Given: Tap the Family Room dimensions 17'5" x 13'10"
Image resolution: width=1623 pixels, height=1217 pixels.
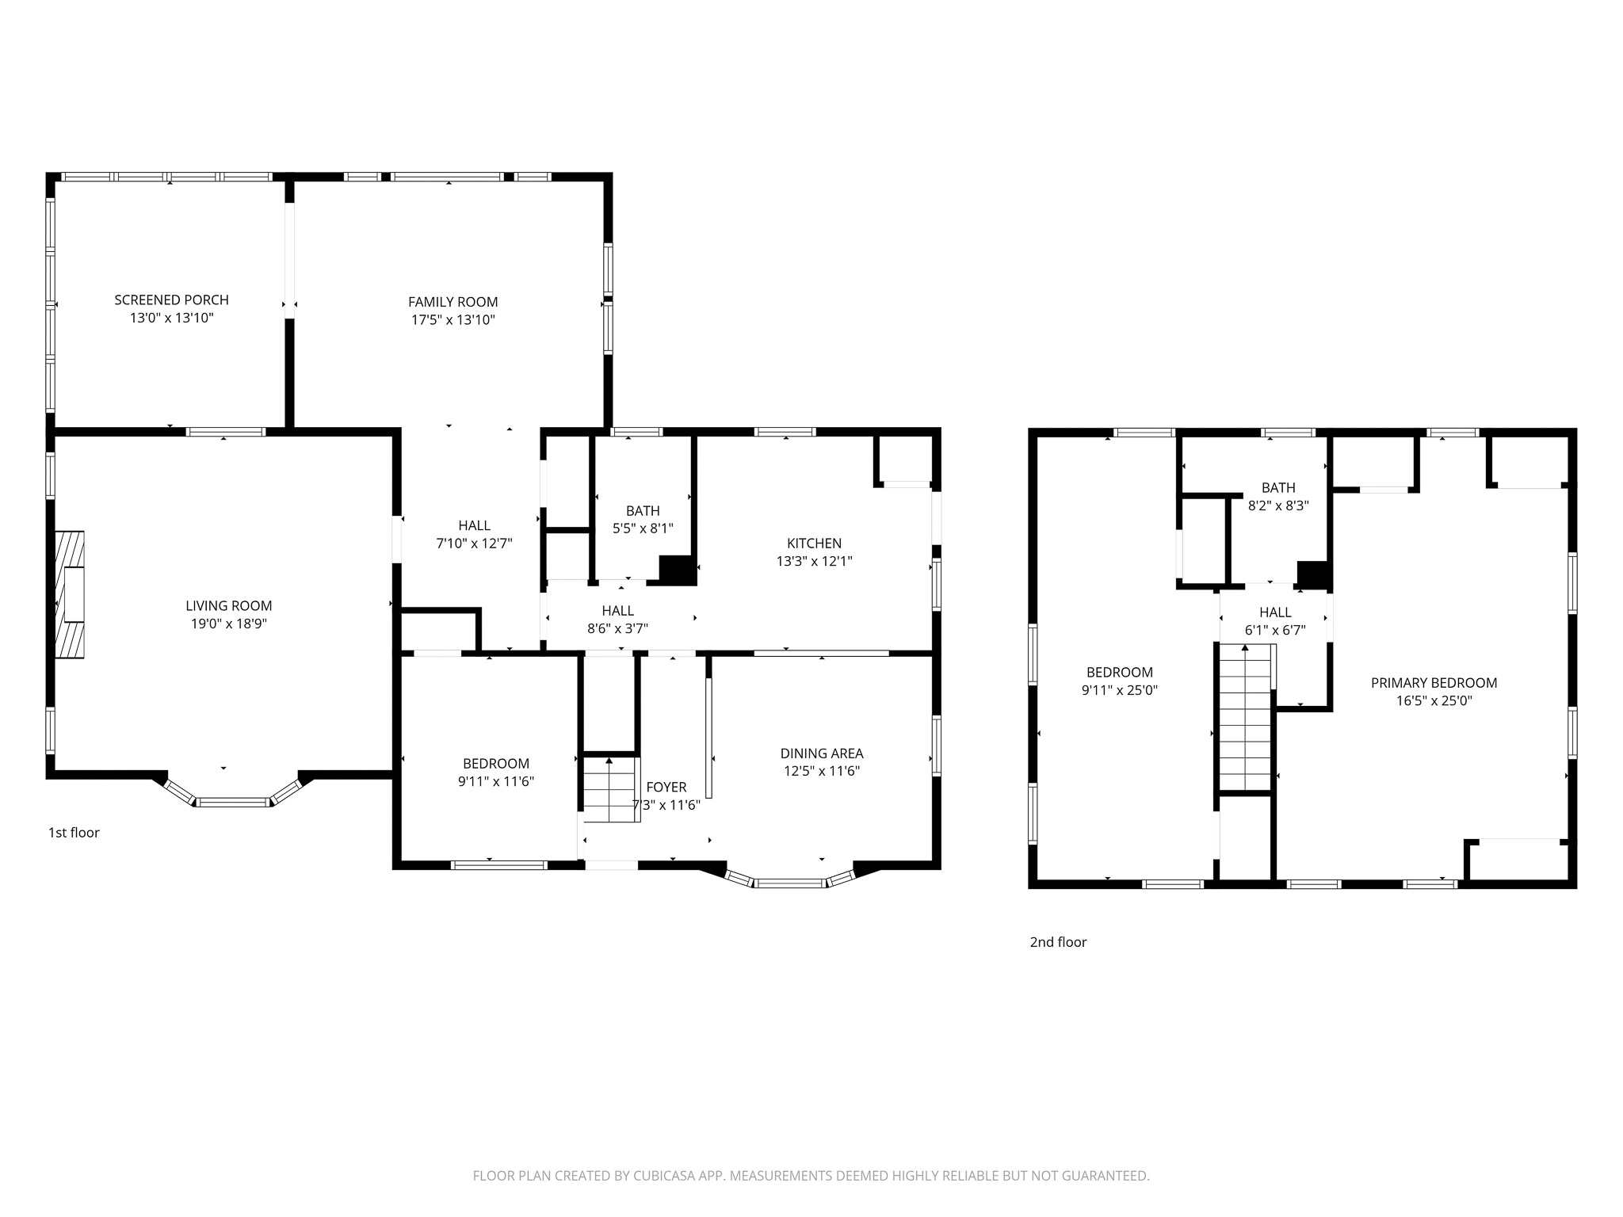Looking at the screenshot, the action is (x=453, y=320).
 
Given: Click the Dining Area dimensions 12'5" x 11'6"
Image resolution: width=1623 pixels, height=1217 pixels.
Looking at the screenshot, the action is (x=822, y=771).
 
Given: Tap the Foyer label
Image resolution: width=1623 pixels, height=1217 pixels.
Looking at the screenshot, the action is (x=666, y=787).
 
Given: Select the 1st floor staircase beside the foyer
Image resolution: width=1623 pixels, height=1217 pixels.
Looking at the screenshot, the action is (x=611, y=789).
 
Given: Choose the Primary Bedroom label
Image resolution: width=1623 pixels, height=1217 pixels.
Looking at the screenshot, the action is (x=1434, y=683).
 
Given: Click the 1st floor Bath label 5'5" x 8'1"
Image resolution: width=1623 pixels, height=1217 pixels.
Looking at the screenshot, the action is (x=643, y=520).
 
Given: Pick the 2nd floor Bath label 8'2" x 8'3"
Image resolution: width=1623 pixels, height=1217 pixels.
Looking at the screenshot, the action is (x=1278, y=497).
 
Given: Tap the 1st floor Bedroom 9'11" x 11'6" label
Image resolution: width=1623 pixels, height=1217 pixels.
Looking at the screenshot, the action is (x=496, y=773).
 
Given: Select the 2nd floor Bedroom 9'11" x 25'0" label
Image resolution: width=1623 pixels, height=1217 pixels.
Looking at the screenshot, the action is (x=1120, y=681).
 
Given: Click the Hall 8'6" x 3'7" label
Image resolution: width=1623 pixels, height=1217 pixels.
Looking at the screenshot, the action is (x=617, y=620).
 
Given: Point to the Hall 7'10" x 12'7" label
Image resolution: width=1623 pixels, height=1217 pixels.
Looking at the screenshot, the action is (x=474, y=535).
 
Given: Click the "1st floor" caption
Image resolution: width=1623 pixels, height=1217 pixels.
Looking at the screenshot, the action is (x=74, y=833).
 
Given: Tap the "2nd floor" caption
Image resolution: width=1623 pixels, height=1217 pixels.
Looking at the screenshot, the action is (x=1058, y=942).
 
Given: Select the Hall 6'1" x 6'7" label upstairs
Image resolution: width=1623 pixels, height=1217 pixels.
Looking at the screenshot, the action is (x=1275, y=621).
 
